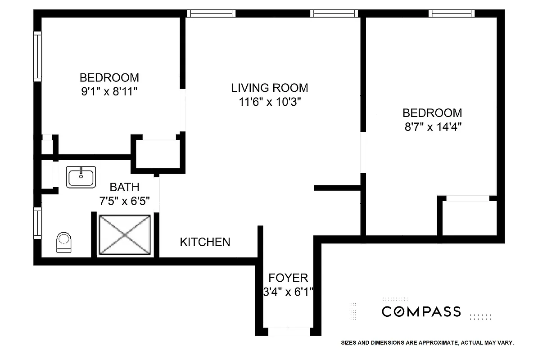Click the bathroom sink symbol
(x=81, y=176)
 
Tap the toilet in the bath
(x=63, y=242)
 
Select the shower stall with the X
(x=125, y=234)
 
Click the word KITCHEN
(x=205, y=242)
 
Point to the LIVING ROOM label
(x=270, y=88)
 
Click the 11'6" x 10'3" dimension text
(x=270, y=102)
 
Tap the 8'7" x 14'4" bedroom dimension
(x=432, y=127)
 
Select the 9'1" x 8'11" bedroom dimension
(x=109, y=91)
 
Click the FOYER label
(x=288, y=278)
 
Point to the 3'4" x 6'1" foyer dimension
(x=288, y=292)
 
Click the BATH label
(x=125, y=187)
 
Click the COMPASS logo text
(x=421, y=311)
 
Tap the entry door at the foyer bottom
(x=289, y=332)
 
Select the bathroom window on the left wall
(x=38, y=223)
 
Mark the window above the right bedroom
(x=452, y=13)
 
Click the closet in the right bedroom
(x=468, y=218)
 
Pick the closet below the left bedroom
(x=158, y=155)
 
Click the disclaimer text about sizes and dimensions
(x=427, y=343)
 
